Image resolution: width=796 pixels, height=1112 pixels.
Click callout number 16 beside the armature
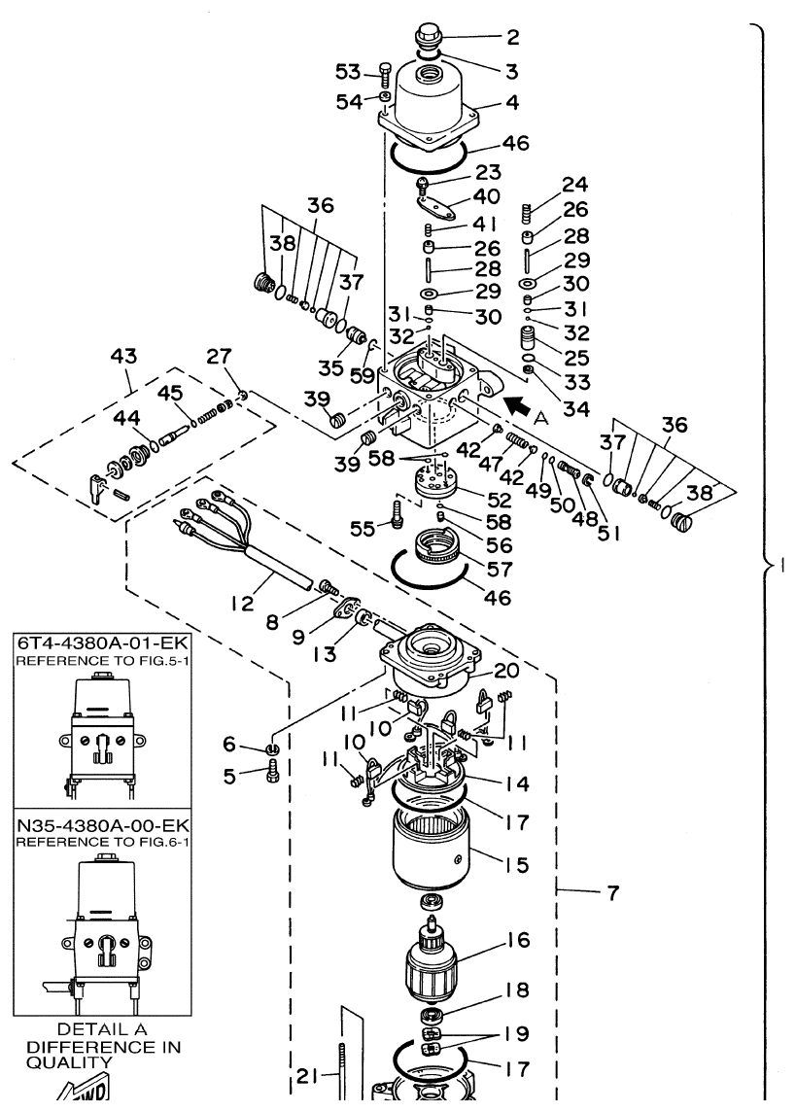(516, 942)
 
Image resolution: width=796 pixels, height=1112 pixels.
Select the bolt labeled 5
(272, 776)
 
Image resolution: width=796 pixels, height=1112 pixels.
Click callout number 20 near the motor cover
(505, 671)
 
